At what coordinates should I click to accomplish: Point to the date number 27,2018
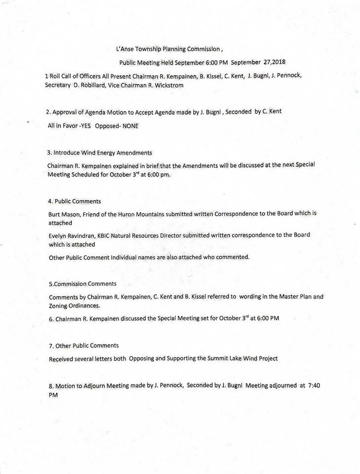click(271, 63)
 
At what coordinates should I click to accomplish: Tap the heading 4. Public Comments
click(75, 201)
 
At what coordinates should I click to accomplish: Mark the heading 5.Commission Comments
click(83, 284)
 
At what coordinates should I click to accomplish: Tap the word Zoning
click(61, 306)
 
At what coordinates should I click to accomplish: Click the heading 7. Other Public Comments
click(84, 345)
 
